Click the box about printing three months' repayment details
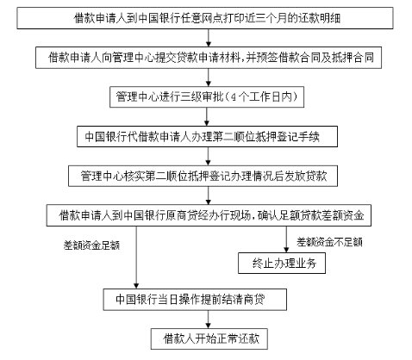click(205, 18)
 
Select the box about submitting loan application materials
click(209, 58)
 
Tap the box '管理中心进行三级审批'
click(207, 96)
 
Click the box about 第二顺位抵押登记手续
click(207, 136)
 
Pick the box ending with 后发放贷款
click(203, 176)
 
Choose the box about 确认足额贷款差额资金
click(209, 215)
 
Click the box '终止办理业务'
click(282, 263)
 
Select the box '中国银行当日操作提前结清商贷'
click(195, 300)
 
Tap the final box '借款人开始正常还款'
click(209, 338)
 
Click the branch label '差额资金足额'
click(91, 245)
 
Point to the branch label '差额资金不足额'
click(329, 242)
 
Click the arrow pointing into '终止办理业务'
click(286, 239)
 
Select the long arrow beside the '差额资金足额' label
click(136, 258)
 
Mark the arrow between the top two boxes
click(209, 38)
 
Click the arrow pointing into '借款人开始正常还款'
click(209, 320)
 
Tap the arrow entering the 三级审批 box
click(209, 78)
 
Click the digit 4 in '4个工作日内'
click(234, 97)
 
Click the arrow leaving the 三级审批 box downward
click(207, 116)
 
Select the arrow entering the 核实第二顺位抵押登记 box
click(209, 156)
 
